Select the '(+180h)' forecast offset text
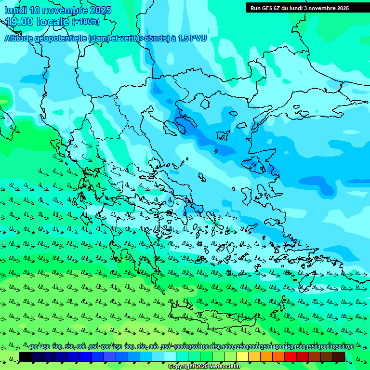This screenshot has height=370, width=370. (x=86, y=22)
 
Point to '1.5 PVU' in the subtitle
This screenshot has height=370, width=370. (x=192, y=38)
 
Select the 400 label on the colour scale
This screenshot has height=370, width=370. (x=33, y=347)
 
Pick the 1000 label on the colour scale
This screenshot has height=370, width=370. (x=179, y=347)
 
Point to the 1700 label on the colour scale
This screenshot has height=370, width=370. (x=348, y=347)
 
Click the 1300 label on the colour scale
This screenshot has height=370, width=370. (x=251, y=347)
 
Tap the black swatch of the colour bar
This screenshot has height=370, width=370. (x=26, y=357)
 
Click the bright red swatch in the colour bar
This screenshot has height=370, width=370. (x=291, y=357)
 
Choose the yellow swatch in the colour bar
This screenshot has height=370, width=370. (x=242, y=357)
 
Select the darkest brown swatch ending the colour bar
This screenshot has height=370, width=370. (x=339, y=357)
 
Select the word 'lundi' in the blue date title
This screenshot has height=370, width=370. (x=15, y=10)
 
